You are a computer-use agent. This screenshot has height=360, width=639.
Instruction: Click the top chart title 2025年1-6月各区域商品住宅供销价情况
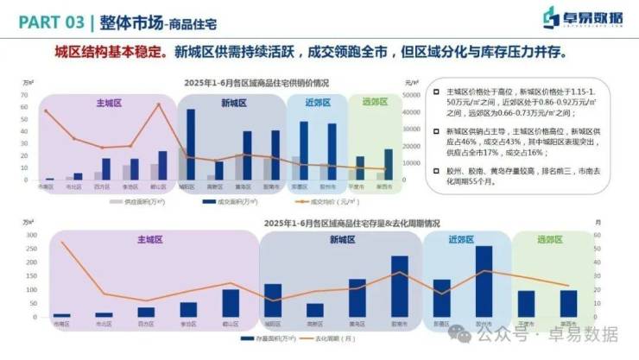tap(256, 83)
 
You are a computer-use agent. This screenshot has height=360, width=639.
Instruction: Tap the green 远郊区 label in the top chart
tap(375, 103)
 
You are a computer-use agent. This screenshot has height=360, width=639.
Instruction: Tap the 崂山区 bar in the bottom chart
tap(231, 303)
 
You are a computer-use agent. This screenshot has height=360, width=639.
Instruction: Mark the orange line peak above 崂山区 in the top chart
tap(158, 105)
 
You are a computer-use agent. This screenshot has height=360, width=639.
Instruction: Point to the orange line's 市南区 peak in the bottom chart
tap(62, 242)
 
